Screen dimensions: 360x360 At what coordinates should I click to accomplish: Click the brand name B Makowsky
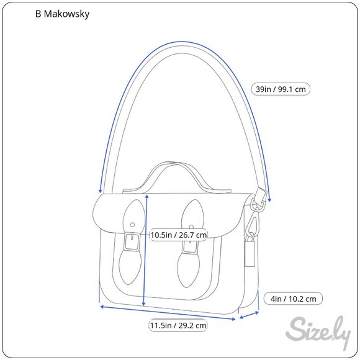62,14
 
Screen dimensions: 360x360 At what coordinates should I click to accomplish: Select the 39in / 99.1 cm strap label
281,89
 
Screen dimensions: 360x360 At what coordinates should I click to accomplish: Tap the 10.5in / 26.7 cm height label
178,235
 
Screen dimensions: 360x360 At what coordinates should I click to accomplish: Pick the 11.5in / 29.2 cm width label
178,325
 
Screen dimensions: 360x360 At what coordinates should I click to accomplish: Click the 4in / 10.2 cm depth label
293,299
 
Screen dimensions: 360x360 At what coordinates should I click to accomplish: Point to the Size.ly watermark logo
318,332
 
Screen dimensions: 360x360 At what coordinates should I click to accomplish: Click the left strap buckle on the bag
132,242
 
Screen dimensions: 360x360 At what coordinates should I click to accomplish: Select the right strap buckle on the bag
190,244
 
